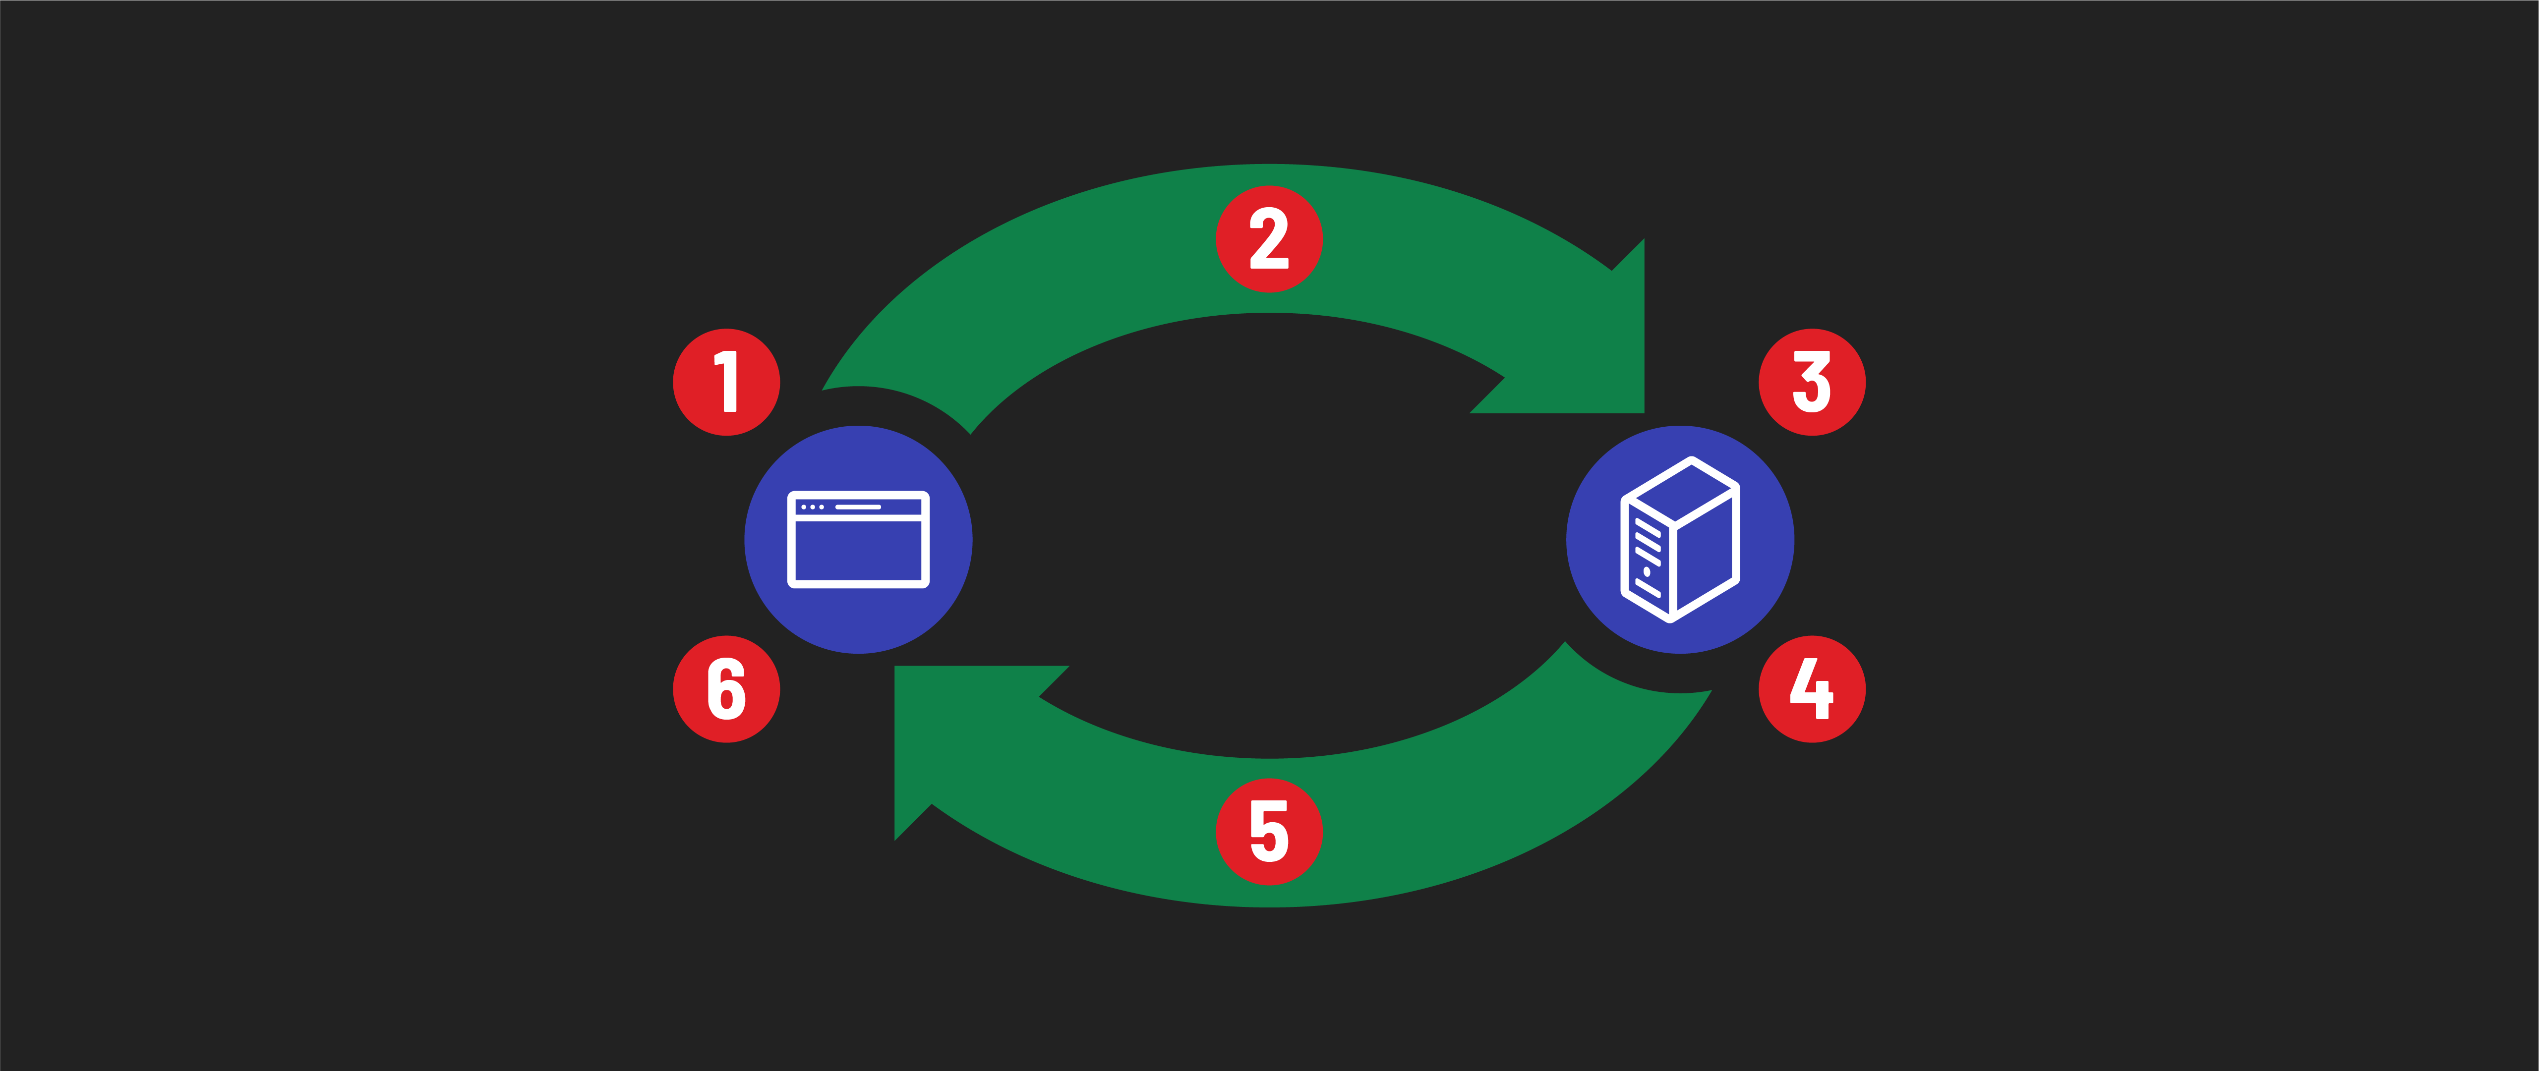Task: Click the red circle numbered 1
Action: tap(726, 382)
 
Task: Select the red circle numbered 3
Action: tap(1812, 382)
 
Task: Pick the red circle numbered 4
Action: tap(1812, 689)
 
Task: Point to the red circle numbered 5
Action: tap(1269, 832)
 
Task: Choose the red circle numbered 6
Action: tap(726, 689)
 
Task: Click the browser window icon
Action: tap(858, 540)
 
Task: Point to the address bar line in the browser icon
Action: tap(858, 507)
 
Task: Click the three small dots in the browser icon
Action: tap(812, 507)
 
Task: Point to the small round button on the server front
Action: tap(1647, 571)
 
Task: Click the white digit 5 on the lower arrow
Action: tap(1269, 832)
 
